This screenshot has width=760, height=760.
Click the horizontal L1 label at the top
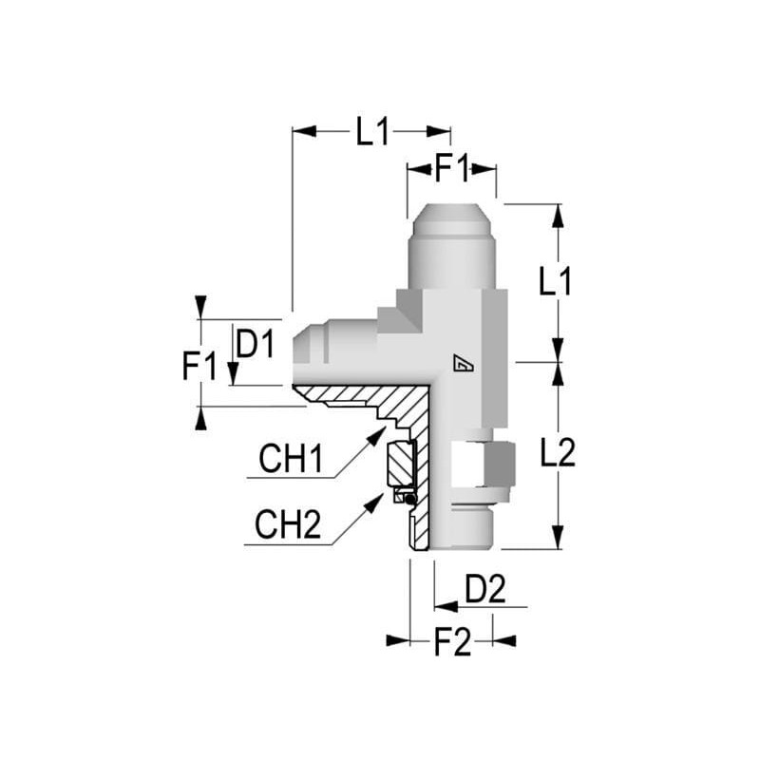point(372,132)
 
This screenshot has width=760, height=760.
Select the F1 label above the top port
point(452,169)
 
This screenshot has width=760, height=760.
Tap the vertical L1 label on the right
point(556,281)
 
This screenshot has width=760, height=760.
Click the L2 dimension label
point(558,453)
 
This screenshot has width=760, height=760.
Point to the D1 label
point(256,344)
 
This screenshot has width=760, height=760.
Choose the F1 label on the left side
point(199,366)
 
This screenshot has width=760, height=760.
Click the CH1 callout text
point(291,459)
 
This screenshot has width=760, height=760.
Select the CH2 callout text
point(288,524)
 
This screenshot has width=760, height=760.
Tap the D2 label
point(485,589)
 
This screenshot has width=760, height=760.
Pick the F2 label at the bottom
point(452,643)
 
